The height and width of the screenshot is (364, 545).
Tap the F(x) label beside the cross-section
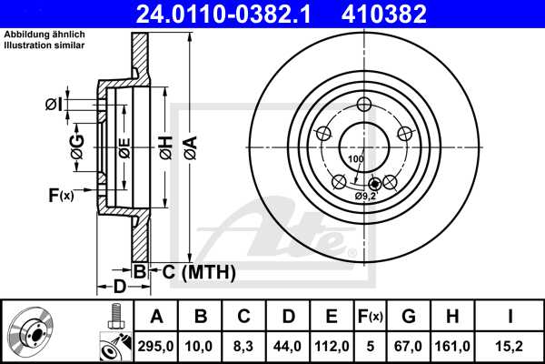[x=61, y=194]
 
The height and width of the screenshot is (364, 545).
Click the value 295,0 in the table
[x=156, y=345]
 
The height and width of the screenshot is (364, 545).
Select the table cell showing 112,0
[x=332, y=345]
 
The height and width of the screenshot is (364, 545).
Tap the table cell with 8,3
[x=244, y=345]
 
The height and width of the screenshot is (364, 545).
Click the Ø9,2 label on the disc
[x=366, y=196]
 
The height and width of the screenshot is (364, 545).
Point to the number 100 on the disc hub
[x=355, y=159]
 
